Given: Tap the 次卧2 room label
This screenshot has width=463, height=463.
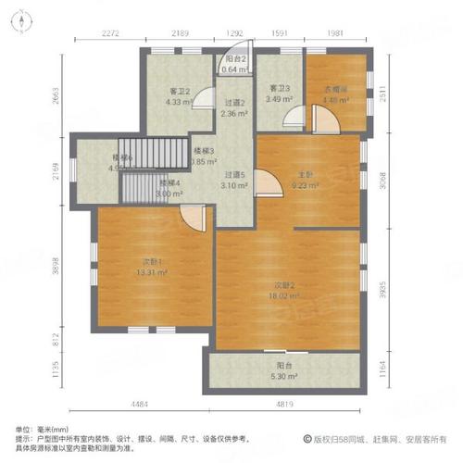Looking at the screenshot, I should (283, 285).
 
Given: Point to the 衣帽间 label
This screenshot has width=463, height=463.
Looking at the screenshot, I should (334, 90).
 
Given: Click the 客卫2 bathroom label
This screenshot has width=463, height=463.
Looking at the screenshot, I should (180, 91).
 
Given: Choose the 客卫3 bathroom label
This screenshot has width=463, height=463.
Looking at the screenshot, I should (281, 89).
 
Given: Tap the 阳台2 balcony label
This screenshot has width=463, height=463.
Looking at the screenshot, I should (236, 58).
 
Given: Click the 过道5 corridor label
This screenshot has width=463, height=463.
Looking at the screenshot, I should (236, 174).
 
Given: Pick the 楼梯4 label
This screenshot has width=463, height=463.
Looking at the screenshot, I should (169, 182).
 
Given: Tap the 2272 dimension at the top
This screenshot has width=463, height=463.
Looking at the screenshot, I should (112, 34).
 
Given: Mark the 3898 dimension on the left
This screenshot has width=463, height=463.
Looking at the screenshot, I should (56, 265).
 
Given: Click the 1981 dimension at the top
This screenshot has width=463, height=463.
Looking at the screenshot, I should (335, 34).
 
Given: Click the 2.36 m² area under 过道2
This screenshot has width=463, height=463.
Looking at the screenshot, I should (235, 114).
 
